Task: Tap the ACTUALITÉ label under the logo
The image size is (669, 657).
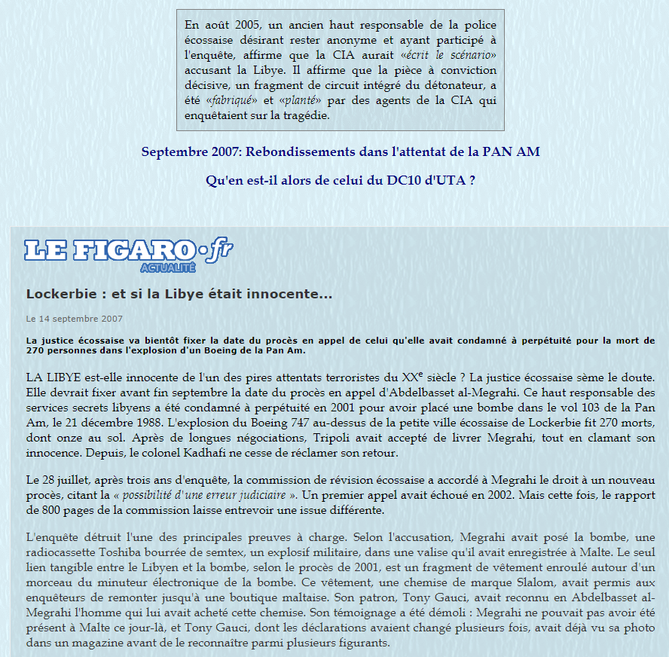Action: click(168, 267)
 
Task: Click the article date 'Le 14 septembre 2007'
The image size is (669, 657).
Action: click(75, 319)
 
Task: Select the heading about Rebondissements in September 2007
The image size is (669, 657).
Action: click(341, 151)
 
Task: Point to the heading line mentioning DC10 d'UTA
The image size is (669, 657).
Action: click(341, 181)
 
